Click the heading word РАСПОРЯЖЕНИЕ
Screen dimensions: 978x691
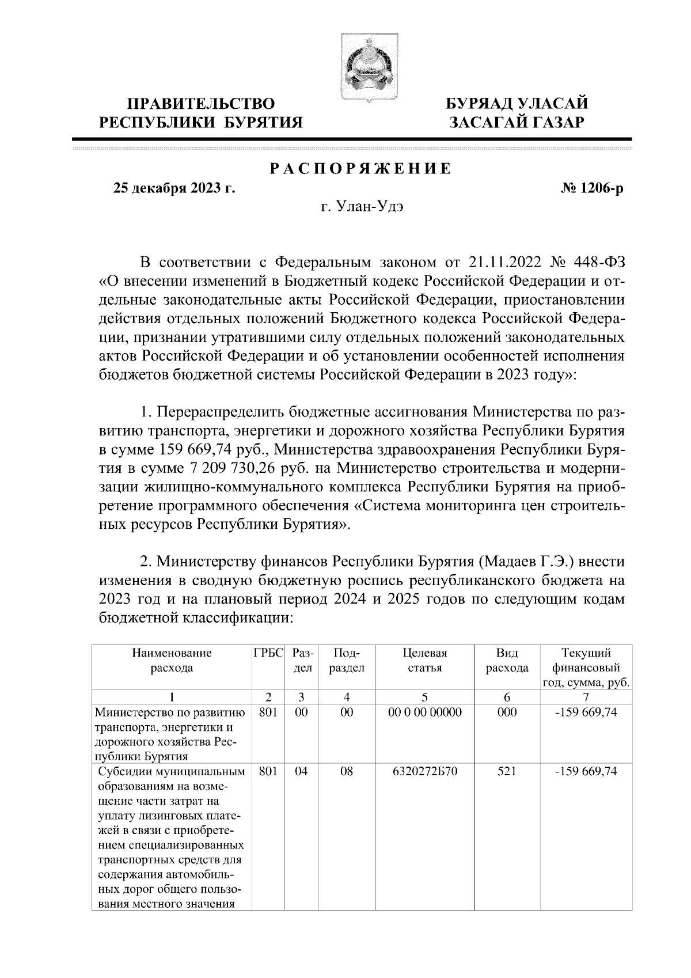pos(361,169)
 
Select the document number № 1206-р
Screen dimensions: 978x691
pos(592,188)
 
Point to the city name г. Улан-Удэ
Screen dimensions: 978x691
pos(361,207)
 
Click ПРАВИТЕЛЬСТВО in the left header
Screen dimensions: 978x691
pos(202,104)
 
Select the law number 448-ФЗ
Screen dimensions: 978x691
pos(599,263)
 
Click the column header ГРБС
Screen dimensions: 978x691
pos(268,653)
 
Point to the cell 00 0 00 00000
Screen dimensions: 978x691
pos(425,712)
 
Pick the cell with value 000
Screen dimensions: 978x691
pos(507,712)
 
